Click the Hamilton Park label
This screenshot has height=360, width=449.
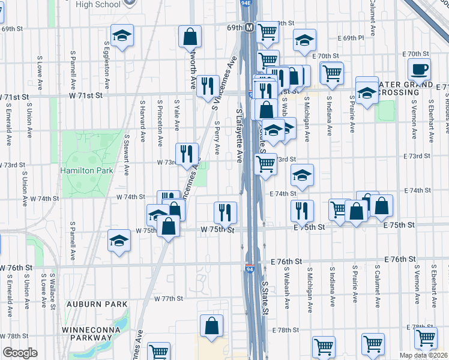[x=87, y=170]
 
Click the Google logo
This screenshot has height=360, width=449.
[x=20, y=353]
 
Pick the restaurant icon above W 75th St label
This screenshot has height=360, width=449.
[x=225, y=211]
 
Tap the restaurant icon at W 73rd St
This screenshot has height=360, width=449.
[x=187, y=153]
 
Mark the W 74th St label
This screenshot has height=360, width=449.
[x=131, y=197]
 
